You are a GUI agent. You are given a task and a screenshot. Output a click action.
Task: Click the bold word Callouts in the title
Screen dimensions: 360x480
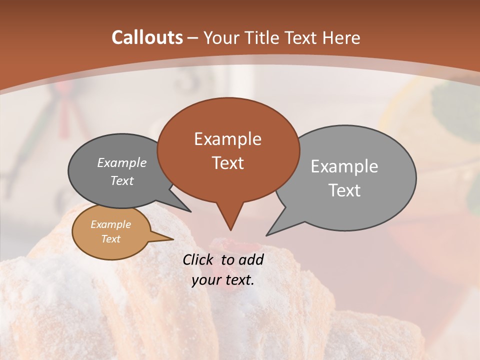coord(147,37)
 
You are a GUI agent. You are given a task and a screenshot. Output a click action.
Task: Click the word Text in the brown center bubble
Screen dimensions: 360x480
coord(227,163)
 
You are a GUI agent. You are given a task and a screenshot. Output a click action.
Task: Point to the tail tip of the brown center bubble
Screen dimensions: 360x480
coord(230,230)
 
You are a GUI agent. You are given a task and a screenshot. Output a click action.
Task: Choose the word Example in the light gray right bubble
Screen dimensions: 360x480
coord(344,166)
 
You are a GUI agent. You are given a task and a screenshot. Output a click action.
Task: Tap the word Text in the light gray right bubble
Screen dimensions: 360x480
coord(344,190)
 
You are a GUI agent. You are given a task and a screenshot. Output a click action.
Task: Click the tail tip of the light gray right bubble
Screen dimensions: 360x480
coord(266,235)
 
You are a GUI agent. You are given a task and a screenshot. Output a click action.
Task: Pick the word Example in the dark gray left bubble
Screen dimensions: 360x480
coord(122,163)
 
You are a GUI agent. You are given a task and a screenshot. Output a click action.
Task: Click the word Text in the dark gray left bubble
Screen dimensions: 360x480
coord(122,181)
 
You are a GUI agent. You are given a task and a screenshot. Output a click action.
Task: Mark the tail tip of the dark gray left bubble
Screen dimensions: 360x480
coord(190,211)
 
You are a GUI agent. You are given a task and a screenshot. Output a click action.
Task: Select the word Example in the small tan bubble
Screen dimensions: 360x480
coord(110,225)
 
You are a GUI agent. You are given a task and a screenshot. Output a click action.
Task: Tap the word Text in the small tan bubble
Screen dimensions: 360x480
coord(110,239)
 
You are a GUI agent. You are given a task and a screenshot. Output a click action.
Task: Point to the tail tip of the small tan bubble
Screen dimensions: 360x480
coord(173,239)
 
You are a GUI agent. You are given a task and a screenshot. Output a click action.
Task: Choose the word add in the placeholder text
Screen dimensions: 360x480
coord(251,259)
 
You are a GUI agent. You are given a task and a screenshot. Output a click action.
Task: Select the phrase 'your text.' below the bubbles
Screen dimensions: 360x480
coord(223,280)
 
